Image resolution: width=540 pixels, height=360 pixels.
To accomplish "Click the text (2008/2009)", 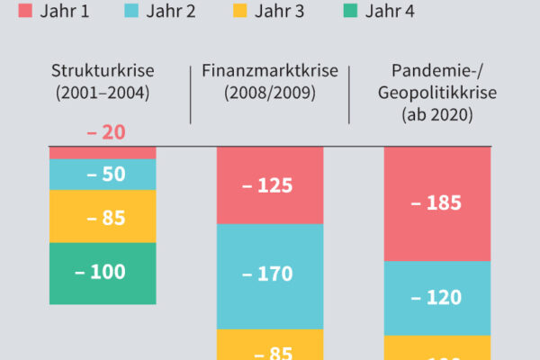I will [269, 92].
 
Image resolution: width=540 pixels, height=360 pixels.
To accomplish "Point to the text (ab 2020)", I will [437, 115].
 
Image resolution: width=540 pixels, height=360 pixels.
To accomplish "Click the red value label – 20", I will [105, 132].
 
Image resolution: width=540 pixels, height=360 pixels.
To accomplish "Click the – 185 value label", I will [436, 202].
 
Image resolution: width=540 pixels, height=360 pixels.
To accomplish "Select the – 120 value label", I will [436, 297].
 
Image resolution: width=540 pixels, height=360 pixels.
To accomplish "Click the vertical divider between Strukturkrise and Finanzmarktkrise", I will [190, 94].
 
